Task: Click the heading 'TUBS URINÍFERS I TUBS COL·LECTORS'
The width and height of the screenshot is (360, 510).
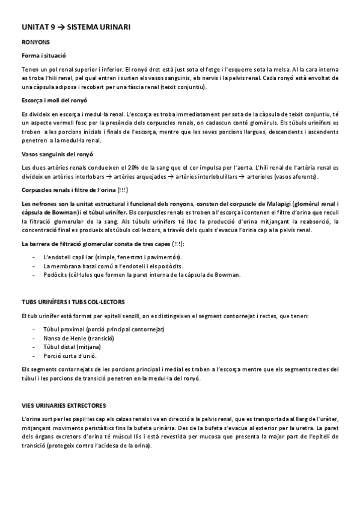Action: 74,301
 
